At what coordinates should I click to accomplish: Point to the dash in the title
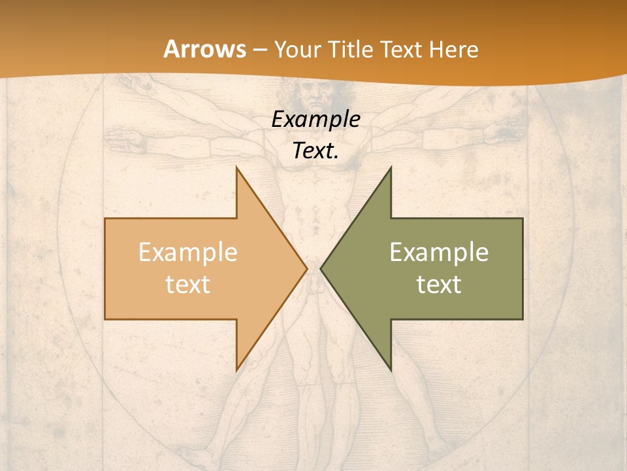click(259, 50)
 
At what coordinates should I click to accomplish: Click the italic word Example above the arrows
click(315, 119)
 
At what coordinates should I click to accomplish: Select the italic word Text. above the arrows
click(315, 150)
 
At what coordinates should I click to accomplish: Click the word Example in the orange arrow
click(188, 253)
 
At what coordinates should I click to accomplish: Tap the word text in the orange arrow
click(188, 284)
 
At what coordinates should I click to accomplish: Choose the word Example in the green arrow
click(439, 253)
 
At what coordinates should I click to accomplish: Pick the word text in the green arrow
click(439, 284)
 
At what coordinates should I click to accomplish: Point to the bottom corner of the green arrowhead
click(391, 369)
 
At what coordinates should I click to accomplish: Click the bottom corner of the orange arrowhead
click(237, 369)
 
